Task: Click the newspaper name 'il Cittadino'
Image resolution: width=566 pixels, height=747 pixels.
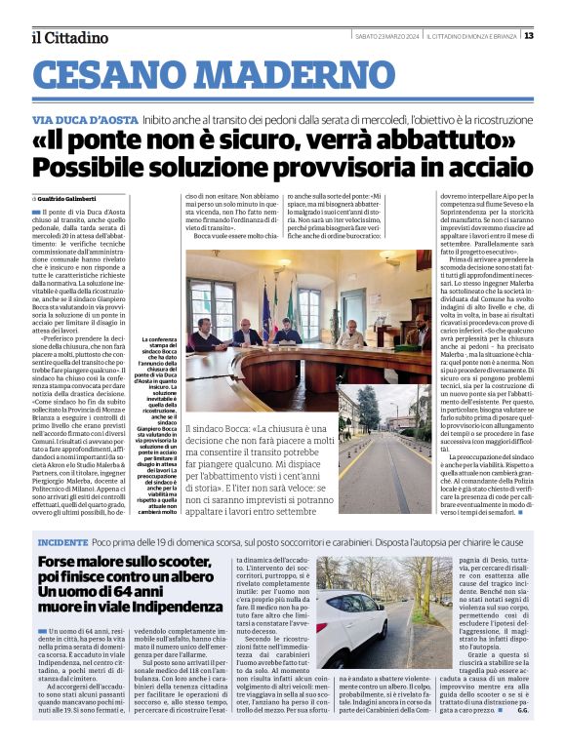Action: pos(69,38)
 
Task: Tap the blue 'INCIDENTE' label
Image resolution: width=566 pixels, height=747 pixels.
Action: pos(62,540)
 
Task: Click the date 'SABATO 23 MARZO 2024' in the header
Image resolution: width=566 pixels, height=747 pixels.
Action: pos(388,36)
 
